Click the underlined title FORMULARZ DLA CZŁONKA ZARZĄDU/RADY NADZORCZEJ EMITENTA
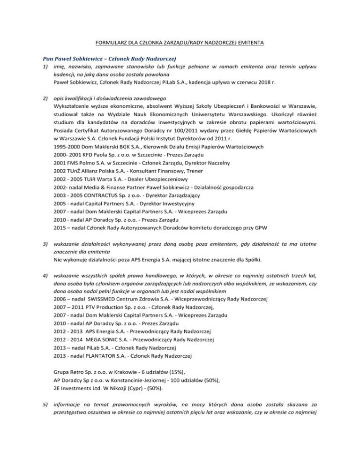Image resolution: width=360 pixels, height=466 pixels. tap(180, 43)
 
